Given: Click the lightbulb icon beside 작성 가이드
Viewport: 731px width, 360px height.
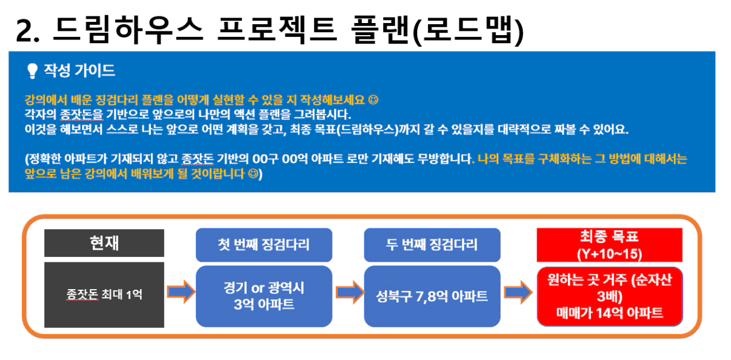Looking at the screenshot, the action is [x=32, y=70].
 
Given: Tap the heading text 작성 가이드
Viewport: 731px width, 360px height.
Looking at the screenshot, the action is [x=79, y=70].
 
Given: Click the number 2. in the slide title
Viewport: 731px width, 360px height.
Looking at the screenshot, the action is [x=27, y=31].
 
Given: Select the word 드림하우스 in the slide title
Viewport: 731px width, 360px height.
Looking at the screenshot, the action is [x=128, y=29].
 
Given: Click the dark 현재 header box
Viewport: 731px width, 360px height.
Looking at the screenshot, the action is [x=104, y=243].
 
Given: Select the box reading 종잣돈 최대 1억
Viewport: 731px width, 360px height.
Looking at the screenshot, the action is [x=104, y=295].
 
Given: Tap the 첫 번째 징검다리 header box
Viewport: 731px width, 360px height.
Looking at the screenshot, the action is [x=264, y=245].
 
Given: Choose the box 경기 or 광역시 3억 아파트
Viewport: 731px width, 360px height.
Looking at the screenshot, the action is [x=264, y=296].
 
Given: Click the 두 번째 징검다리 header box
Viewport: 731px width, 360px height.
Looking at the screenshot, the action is [x=432, y=245].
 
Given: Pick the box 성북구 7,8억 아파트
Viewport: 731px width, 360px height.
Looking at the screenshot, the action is [x=432, y=296].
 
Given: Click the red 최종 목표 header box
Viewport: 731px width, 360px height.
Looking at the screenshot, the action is [x=609, y=245].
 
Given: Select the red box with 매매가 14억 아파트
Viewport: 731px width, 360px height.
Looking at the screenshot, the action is [x=610, y=296].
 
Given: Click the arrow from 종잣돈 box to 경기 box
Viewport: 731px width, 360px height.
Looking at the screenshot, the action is [x=181, y=292].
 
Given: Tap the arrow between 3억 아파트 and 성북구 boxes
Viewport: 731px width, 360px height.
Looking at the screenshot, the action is [x=350, y=292].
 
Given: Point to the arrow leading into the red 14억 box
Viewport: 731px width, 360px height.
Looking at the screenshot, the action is [x=518, y=292].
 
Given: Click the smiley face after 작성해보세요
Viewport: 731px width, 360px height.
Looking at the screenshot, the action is [x=373, y=99].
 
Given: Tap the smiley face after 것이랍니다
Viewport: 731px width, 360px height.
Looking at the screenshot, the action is [x=253, y=173].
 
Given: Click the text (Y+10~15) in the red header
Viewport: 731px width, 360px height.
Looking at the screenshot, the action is [x=609, y=253].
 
